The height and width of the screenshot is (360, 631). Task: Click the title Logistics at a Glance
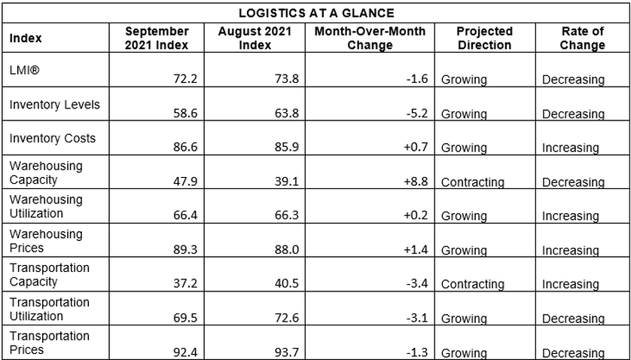[316, 14]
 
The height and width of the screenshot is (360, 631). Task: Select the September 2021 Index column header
[157, 38]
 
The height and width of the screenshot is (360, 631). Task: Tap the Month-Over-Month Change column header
[370, 38]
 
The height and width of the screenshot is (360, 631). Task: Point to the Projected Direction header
[484, 38]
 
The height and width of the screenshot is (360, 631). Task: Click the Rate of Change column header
[582, 38]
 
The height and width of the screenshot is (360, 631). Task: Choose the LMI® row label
[25, 71]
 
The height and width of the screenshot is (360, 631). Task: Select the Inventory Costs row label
[52, 138]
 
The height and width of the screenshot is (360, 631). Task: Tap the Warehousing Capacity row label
[46, 172]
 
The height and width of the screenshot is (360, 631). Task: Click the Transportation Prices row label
[49, 343]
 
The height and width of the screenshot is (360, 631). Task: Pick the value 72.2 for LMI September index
[185, 78]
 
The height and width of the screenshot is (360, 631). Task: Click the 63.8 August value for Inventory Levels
[287, 113]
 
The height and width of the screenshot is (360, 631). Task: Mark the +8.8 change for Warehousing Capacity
[416, 182]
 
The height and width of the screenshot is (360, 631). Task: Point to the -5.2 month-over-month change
[417, 113]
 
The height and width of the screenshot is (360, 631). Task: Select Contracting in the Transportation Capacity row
[472, 284]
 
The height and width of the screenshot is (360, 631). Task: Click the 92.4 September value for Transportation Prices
[185, 352]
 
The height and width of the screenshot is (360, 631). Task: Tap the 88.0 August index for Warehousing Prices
[287, 249]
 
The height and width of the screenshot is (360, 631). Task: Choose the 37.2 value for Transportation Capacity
[185, 283]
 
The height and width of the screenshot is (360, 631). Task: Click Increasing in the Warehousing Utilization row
[570, 217]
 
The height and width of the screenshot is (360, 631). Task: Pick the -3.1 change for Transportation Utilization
[417, 318]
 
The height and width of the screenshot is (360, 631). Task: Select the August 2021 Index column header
[255, 38]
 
